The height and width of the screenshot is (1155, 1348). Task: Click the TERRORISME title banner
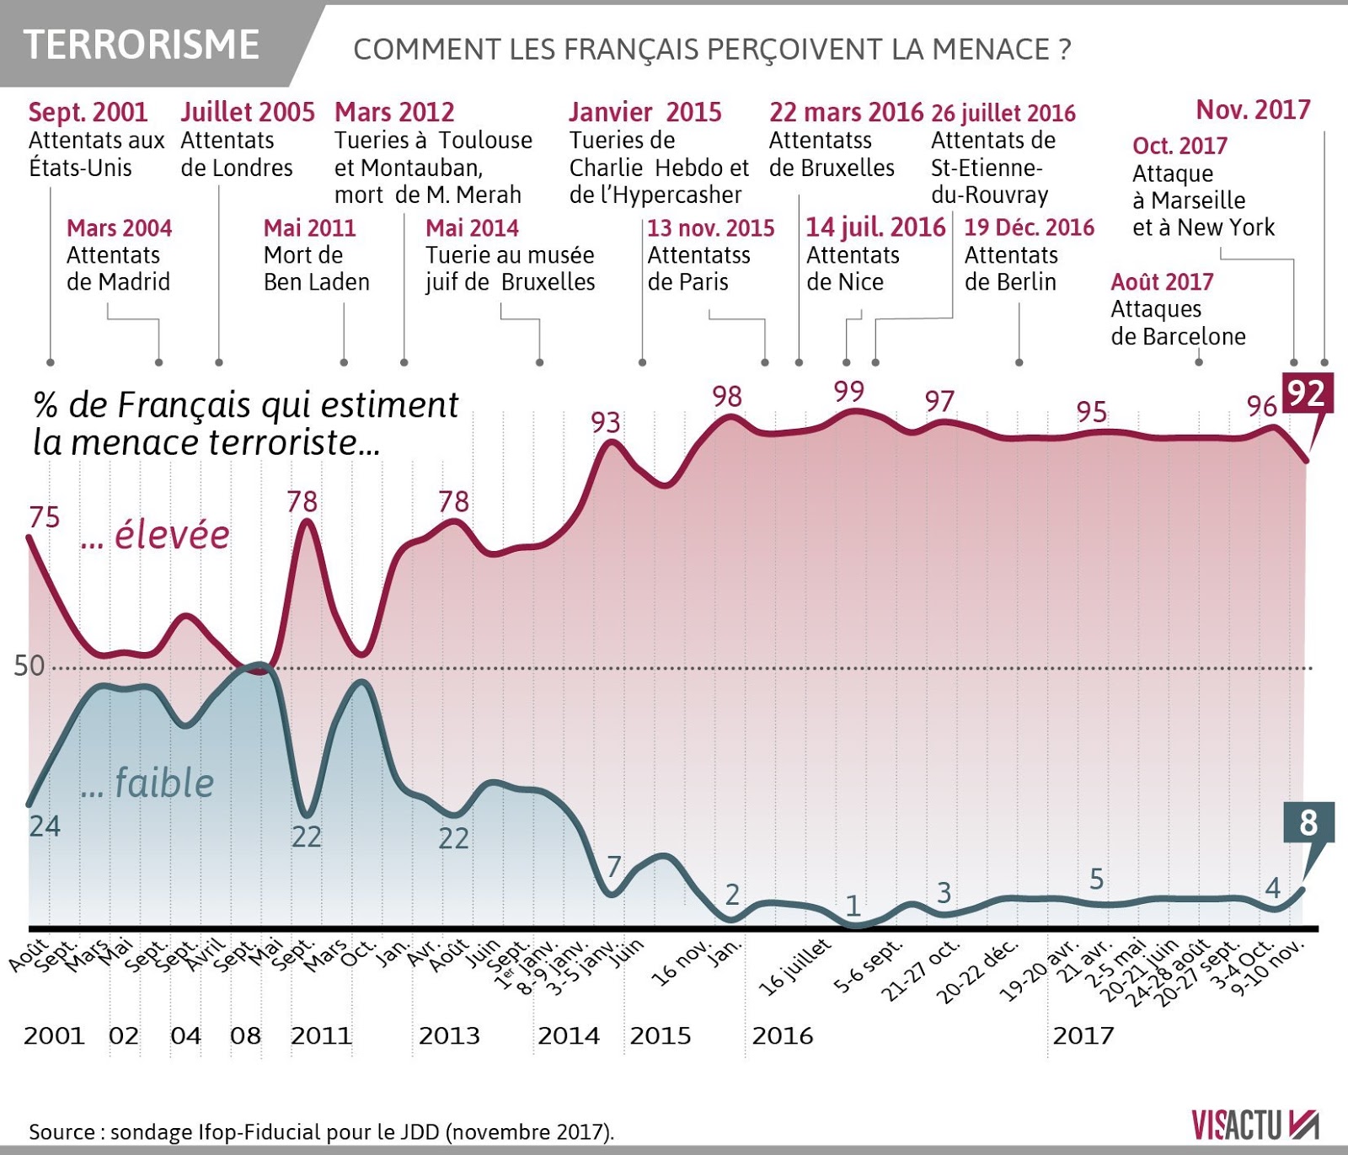pyautogui.click(x=142, y=45)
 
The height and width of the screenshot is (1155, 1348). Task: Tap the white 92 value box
pyautogui.click(x=1307, y=393)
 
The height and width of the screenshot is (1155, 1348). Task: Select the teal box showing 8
pyautogui.click(x=1308, y=822)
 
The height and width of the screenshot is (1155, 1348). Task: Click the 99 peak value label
pyautogui.click(x=849, y=392)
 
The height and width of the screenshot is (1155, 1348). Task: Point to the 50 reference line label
pyautogui.click(x=29, y=666)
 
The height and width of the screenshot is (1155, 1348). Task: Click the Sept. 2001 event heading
pyautogui.click(x=88, y=112)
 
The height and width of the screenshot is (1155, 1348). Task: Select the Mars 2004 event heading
pyautogui.click(x=119, y=228)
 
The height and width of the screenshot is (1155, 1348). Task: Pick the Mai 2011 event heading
pyautogui.click(x=309, y=228)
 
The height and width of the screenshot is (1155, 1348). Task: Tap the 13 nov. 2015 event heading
pyautogui.click(x=711, y=228)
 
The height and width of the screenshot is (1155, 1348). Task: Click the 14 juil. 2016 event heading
pyautogui.click(x=875, y=227)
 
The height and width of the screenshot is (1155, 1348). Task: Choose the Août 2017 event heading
pyautogui.click(x=1162, y=282)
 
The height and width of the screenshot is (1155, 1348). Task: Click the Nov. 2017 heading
pyautogui.click(x=1253, y=110)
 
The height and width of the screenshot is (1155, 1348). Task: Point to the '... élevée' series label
pyautogui.click(x=156, y=535)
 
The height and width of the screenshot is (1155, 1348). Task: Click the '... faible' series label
pyautogui.click(x=148, y=783)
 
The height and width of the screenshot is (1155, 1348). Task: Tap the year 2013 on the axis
pyautogui.click(x=449, y=1035)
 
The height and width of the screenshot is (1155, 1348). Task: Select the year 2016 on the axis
pyautogui.click(x=783, y=1035)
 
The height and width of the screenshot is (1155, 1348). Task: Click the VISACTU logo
pyautogui.click(x=1254, y=1126)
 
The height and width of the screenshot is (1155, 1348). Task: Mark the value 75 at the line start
pyautogui.click(x=45, y=517)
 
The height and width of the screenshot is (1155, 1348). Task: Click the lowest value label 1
pyautogui.click(x=853, y=906)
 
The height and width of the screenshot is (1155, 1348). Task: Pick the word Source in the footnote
pyautogui.click(x=62, y=1131)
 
